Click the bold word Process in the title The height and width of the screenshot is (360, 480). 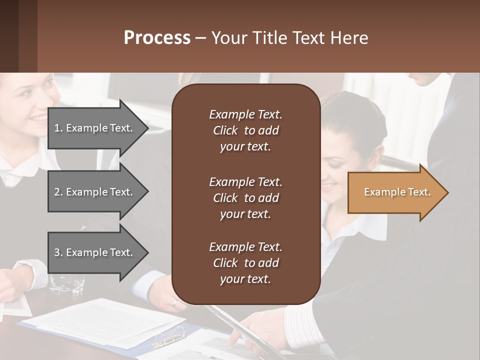[157, 38]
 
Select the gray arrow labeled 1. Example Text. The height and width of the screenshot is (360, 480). [95, 128]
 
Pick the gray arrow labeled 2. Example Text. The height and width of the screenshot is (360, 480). [95, 192]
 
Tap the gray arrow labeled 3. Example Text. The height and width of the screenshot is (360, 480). [95, 252]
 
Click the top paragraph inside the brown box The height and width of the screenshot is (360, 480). [245, 130]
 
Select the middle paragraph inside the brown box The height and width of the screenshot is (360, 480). [245, 198]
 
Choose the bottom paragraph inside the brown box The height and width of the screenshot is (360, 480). [245, 263]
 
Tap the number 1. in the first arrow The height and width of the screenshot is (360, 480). [58, 128]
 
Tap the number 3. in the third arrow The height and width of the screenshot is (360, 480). [58, 252]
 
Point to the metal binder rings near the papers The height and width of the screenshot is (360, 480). [169, 337]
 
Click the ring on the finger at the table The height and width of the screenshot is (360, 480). [174, 302]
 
